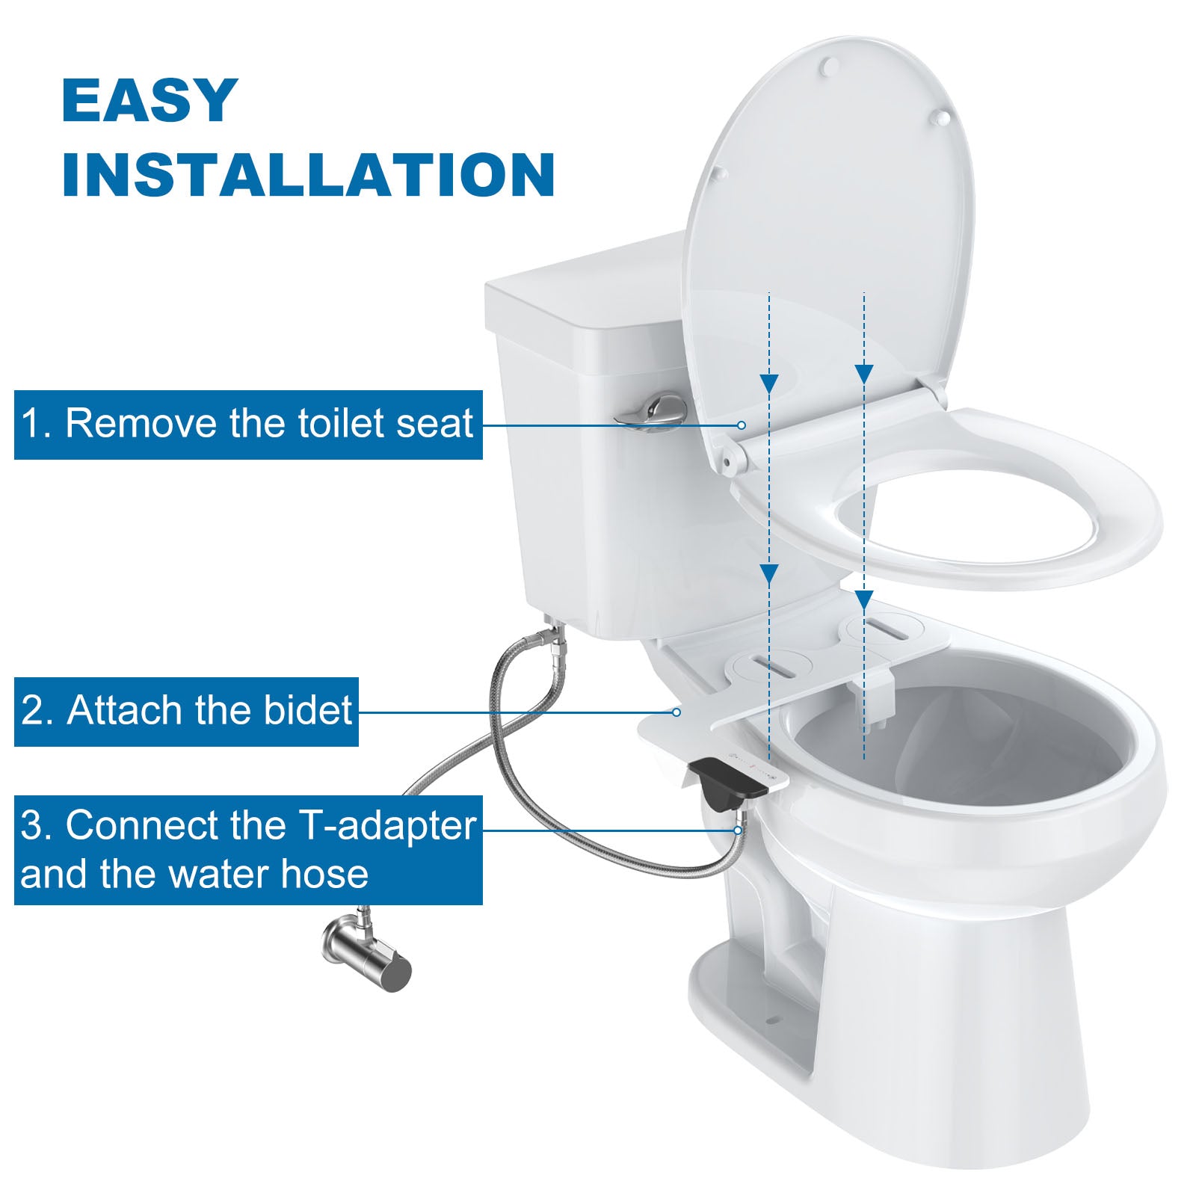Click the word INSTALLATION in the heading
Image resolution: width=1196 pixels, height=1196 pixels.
[308, 175]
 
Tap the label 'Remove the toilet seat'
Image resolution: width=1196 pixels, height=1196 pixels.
[269, 423]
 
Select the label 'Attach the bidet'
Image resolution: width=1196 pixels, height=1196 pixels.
[209, 710]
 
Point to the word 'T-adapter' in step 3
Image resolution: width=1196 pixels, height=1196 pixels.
[388, 826]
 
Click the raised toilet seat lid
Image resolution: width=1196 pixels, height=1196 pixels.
[830, 224]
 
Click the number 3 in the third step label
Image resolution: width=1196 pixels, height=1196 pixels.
[31, 826]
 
